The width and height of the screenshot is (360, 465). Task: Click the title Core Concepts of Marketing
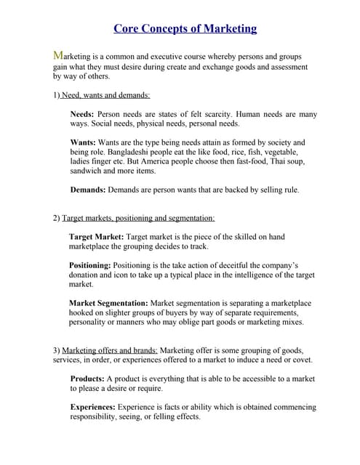tap(185, 29)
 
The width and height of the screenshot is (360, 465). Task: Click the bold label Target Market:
tap(97, 237)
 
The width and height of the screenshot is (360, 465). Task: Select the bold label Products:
tap(88, 379)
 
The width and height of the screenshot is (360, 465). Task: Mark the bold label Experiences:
tap(94, 408)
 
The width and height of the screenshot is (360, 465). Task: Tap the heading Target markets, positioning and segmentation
tap(138, 218)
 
